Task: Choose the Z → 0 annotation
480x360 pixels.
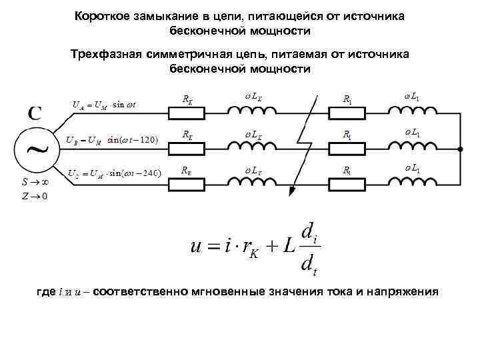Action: pos(34,196)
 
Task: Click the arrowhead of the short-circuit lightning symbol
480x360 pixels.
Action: pos(291,194)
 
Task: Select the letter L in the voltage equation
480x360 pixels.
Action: pos(288,246)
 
